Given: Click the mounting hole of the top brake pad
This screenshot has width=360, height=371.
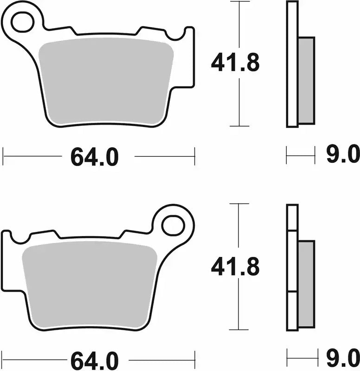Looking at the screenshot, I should point(22,22).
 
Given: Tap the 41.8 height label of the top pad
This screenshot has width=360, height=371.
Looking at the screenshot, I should point(235,64).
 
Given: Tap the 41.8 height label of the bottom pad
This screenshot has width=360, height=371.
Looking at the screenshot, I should point(235,267).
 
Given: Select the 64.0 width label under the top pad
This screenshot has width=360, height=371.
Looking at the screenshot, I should point(95,158).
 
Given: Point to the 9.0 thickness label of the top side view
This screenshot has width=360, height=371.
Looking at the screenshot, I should point(343,154).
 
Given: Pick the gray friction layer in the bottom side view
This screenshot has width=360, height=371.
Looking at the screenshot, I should point(306,283).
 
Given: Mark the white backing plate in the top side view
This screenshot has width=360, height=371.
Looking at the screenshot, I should point(292,65).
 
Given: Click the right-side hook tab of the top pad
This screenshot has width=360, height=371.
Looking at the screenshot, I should point(189,56).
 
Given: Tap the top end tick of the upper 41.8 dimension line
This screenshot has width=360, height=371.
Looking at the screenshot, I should point(239,2).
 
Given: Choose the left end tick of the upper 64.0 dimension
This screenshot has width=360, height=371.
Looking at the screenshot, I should point(3,156).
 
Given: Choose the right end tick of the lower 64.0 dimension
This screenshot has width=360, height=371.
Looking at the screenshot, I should point(194,359).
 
